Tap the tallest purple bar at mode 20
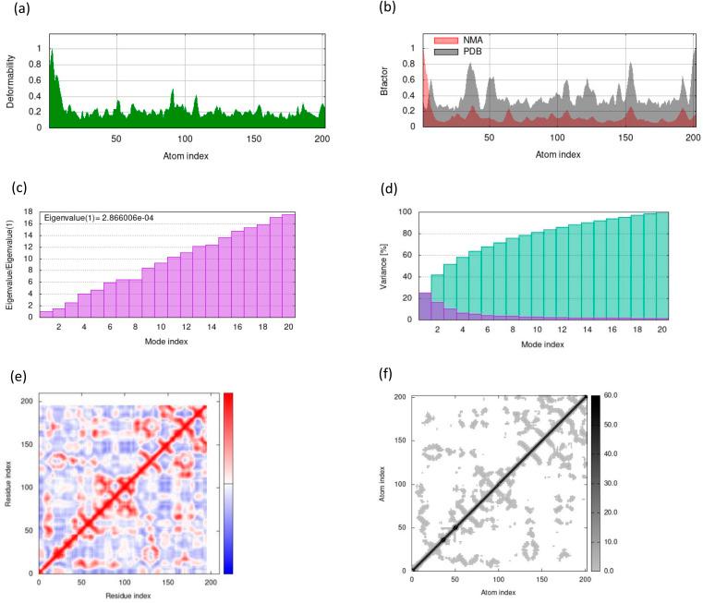(288, 267)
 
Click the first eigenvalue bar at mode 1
(46, 315)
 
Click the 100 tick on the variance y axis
(404, 211)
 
